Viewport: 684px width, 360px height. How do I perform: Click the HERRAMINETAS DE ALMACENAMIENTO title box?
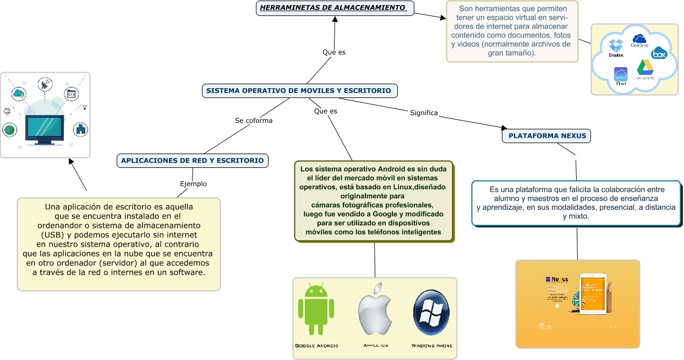coord(335,8)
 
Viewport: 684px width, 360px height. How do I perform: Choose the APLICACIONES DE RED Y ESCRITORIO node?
coord(193,161)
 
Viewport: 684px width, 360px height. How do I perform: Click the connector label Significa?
coord(424,113)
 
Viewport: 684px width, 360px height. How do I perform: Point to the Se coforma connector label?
coord(254,121)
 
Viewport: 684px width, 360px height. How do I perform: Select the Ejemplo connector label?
coord(193,184)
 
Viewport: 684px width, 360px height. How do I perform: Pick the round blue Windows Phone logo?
coord(431,311)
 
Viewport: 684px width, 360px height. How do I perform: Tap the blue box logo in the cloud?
coord(659,53)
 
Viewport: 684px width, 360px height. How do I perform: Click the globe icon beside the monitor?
coord(9,130)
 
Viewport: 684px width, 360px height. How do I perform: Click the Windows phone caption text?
coord(432,346)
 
